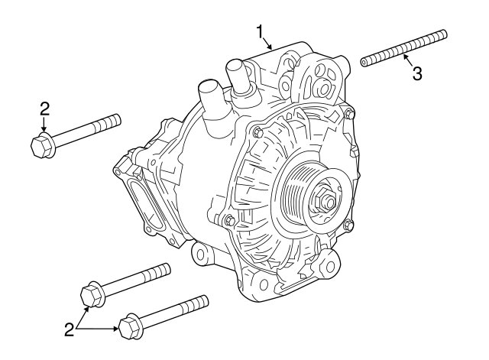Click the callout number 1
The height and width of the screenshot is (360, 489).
(260, 31)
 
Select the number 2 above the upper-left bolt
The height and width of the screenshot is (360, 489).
(44, 107)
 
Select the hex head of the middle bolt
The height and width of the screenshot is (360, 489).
(91, 295)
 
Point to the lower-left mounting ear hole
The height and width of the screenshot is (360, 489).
(200, 253)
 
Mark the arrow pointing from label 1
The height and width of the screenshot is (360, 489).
(267, 44)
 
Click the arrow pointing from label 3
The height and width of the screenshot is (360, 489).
(407, 60)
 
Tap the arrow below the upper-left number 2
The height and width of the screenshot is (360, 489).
(44, 125)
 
